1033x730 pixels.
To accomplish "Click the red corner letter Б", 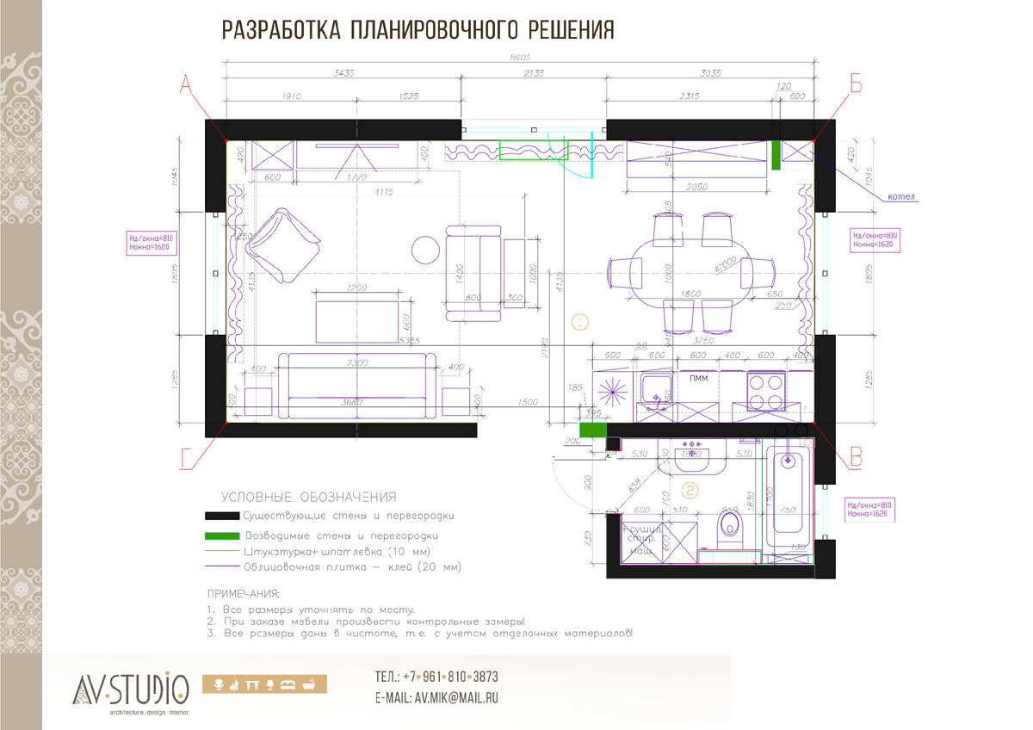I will click(856, 84).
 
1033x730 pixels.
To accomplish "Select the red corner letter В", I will click(855, 458).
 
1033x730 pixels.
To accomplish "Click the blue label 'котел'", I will click(900, 196).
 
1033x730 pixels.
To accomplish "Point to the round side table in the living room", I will click(426, 250).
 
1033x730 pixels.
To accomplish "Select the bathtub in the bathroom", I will click(788, 499).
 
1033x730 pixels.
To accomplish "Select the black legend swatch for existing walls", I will click(220, 516).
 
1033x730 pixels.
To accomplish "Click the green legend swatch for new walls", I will click(220, 535).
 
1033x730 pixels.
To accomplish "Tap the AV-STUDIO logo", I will click(131, 689).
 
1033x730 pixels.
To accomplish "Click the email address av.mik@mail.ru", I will click(436, 698).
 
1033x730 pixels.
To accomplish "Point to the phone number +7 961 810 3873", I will click(436, 677).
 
